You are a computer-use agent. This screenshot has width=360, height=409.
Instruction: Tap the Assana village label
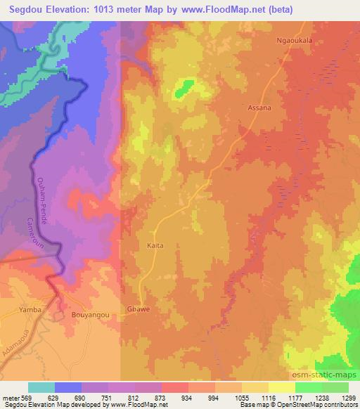coord(259,109)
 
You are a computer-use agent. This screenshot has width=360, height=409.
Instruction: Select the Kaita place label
coord(156,246)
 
